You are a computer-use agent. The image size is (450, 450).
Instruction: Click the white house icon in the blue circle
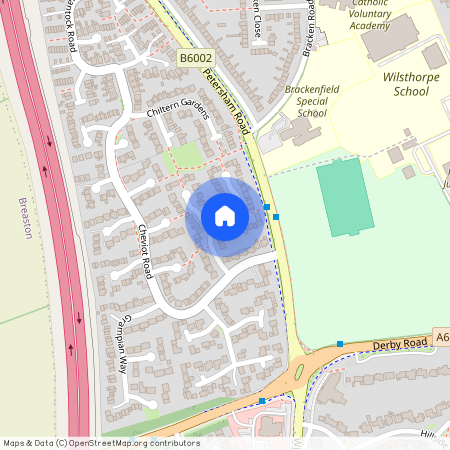pyautogui.click(x=225, y=216)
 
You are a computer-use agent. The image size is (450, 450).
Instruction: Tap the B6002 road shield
pyautogui.click(x=196, y=60)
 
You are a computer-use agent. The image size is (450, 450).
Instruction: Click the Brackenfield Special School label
pyautogui.click(x=312, y=101)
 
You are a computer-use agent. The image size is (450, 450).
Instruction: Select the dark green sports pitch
pyautogui.click(x=345, y=197)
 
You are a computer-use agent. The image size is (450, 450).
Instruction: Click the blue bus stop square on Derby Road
pyautogui.click(x=340, y=344)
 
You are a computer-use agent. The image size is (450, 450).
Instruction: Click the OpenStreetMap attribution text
pyautogui.click(x=101, y=442)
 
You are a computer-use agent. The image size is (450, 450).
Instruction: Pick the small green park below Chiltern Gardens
pyautogui.click(x=185, y=155)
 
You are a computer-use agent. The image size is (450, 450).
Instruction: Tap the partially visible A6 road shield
pyautogui.click(x=441, y=339)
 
